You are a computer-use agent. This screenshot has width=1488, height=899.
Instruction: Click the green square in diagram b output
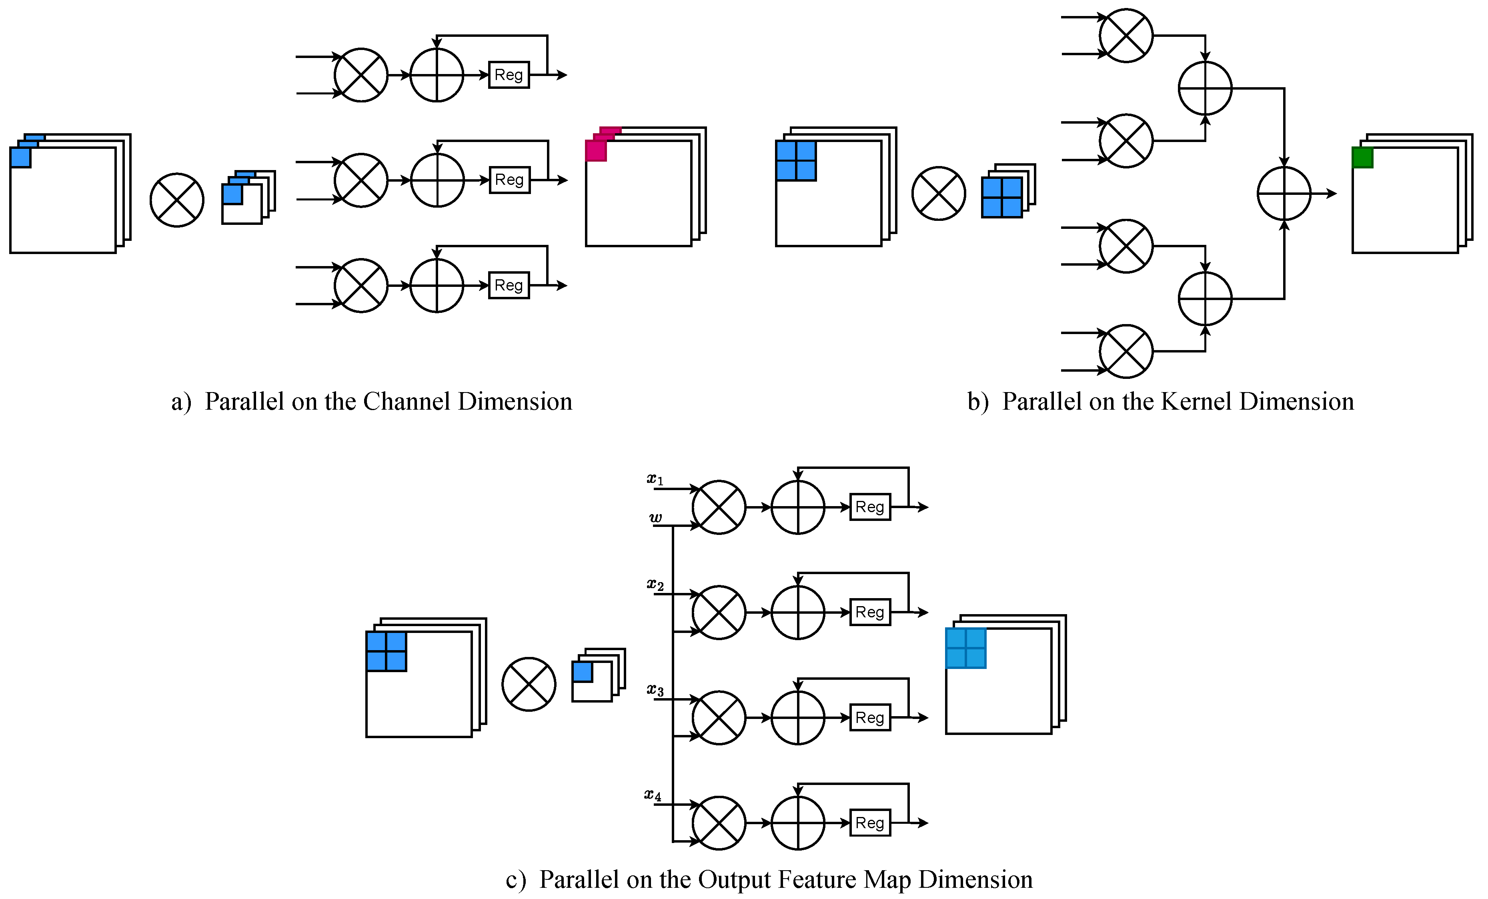1362,158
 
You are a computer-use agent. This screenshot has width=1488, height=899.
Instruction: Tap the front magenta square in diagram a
595,150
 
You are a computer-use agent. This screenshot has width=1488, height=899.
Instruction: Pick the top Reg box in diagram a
509,75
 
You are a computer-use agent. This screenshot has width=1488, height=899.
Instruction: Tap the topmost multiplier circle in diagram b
1126,36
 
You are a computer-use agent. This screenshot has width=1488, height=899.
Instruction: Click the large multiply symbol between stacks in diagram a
176,200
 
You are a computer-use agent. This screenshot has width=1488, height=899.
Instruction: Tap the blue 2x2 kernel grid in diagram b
1002,197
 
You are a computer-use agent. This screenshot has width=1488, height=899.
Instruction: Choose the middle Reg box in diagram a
509,180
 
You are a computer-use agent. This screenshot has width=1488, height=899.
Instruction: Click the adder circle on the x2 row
798,612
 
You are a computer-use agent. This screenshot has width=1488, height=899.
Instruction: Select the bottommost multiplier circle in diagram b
1126,351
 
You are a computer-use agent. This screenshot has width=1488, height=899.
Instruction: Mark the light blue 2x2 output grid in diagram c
965,648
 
